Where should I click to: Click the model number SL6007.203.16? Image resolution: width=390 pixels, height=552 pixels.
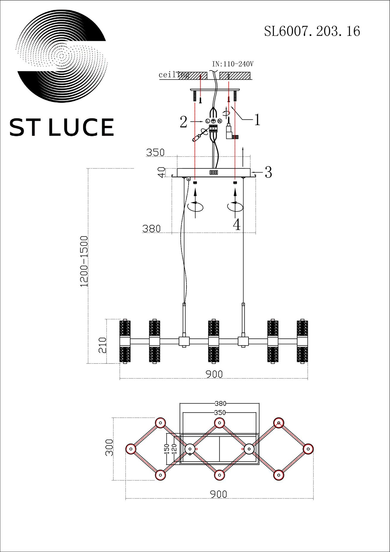point(312,31)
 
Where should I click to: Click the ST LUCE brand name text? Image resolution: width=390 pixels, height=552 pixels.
point(62,127)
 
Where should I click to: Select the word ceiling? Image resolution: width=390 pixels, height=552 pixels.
point(174,75)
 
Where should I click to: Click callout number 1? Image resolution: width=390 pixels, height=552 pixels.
point(257,120)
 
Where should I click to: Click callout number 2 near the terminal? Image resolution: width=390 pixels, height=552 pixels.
point(183,122)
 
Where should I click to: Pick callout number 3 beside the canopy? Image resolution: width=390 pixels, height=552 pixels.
point(268,172)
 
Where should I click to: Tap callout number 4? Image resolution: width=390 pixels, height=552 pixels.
point(237,225)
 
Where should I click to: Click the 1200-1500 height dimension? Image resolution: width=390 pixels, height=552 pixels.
point(84,261)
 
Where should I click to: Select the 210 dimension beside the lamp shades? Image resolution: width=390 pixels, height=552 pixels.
point(102,345)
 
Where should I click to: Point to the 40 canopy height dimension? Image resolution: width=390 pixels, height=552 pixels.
point(162,172)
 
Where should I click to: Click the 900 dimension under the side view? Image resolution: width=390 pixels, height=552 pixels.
point(214,374)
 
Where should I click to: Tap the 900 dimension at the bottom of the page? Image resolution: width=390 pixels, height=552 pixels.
point(219,494)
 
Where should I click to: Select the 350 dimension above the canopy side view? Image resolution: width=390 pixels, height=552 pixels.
point(155,152)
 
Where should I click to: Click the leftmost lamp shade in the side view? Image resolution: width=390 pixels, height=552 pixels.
point(125,341)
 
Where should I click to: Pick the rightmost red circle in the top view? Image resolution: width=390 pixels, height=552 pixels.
point(308,448)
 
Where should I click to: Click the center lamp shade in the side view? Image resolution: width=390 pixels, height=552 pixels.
point(214,341)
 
